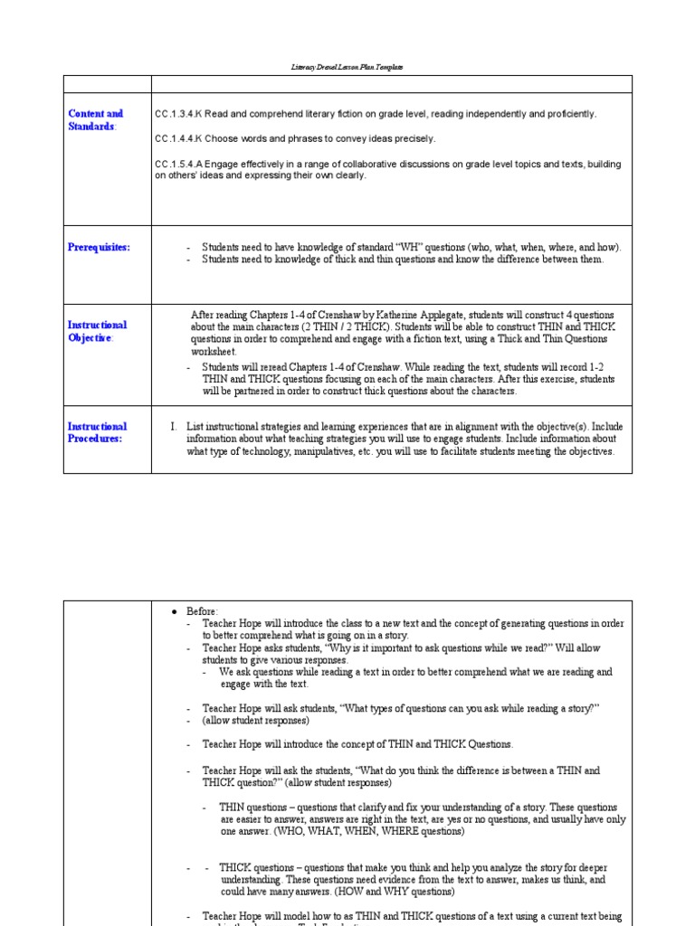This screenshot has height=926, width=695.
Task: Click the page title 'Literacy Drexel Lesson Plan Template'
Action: tap(347, 67)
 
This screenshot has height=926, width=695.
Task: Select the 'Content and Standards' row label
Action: tap(95, 120)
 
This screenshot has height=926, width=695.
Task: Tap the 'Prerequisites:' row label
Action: tap(99, 247)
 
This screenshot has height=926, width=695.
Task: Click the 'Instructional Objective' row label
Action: tap(97, 331)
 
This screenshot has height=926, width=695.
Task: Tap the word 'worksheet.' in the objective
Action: tap(214, 351)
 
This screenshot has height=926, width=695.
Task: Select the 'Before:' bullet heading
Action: tap(203, 611)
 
